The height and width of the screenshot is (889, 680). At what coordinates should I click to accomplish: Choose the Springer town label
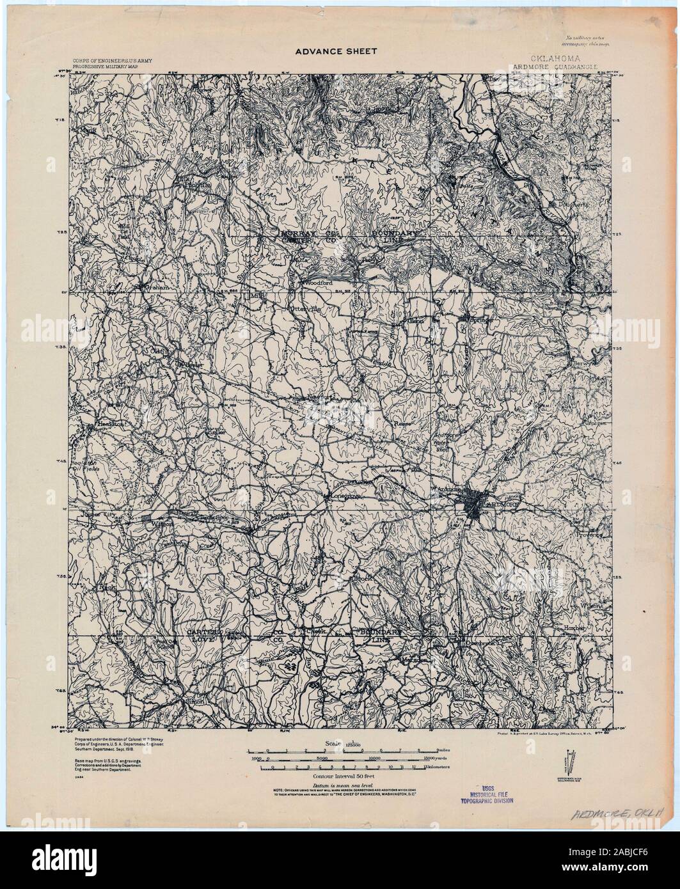point(484,316)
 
